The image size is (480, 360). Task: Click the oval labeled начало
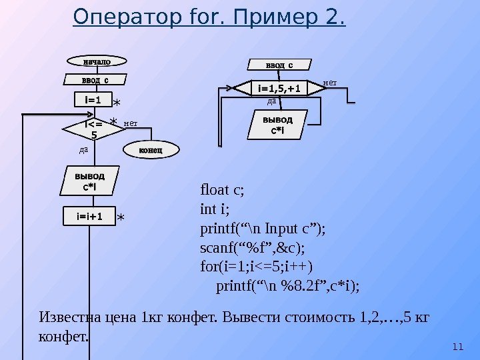96,62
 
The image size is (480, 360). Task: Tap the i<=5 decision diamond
93,130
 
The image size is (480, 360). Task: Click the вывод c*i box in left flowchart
89,181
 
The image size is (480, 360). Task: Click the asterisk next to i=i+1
121,218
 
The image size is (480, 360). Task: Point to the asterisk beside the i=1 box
117,103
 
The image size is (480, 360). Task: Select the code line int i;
214,209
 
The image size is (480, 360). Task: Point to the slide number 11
457,346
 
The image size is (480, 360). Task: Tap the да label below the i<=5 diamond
83,149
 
